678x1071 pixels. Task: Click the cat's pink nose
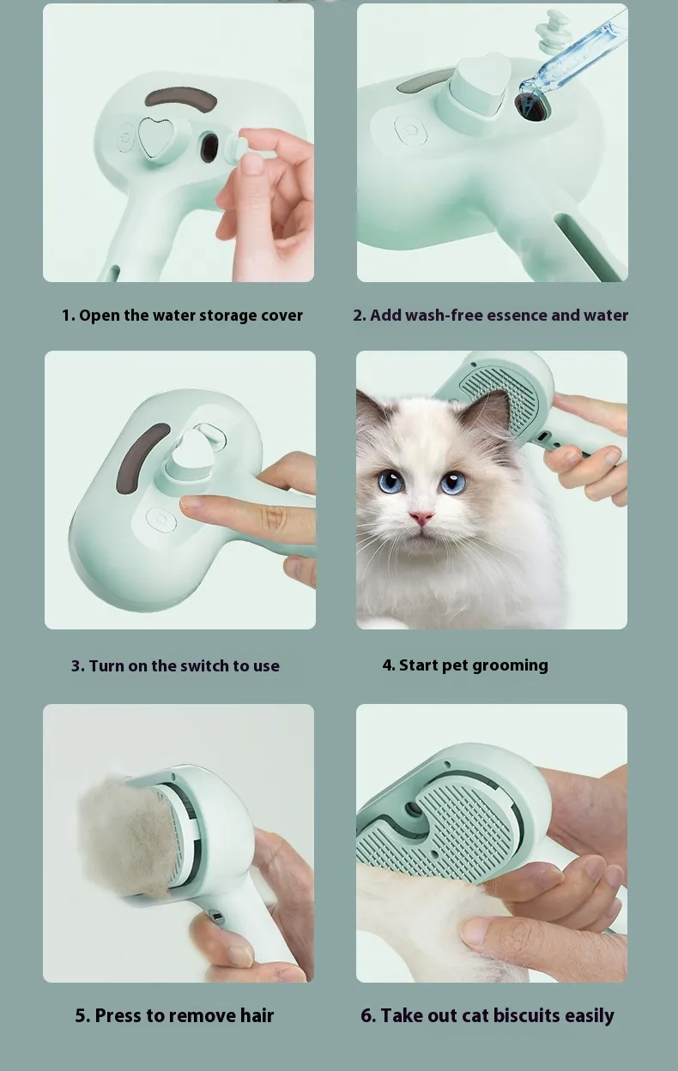click(x=421, y=517)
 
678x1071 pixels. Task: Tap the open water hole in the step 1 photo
click(x=209, y=147)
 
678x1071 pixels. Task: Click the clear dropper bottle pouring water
click(x=573, y=53)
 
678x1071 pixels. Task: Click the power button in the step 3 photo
click(x=161, y=520)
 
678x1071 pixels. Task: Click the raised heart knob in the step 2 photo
click(x=480, y=85)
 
